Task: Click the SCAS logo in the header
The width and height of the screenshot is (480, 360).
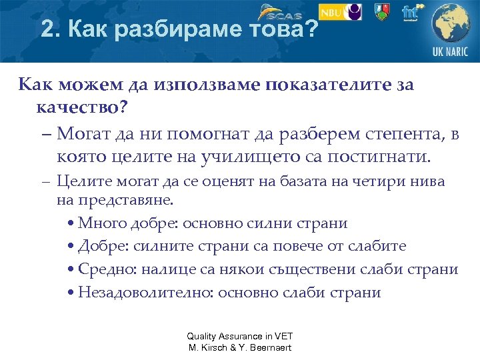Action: (x=281, y=12)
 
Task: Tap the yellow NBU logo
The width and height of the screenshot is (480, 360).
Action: (x=339, y=12)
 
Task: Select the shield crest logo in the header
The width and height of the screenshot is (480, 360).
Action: (x=381, y=12)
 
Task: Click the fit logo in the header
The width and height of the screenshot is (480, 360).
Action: (x=411, y=12)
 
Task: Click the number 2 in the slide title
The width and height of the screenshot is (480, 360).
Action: (x=46, y=29)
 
